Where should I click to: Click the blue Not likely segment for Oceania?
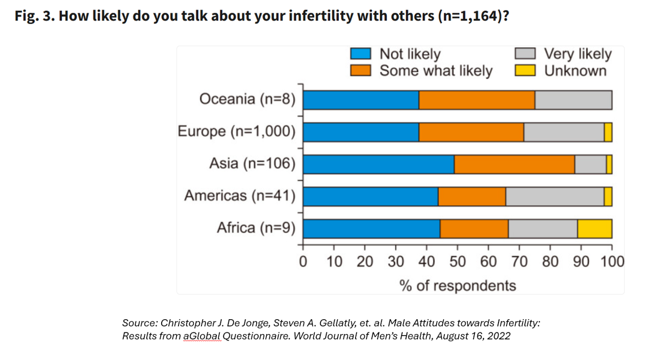(x=361, y=100)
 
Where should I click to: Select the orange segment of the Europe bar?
(x=471, y=132)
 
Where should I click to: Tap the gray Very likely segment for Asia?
(x=590, y=164)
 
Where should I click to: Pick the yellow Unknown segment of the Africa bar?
(x=594, y=228)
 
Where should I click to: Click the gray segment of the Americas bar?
(x=555, y=196)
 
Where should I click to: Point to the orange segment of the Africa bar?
(x=474, y=228)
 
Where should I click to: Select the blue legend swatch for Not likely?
(x=360, y=54)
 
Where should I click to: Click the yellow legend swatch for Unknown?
(x=525, y=70)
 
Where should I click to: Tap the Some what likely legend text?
(x=436, y=71)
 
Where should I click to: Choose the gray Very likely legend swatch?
(x=525, y=54)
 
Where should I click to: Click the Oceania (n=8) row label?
(x=247, y=99)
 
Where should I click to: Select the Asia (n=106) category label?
(x=252, y=164)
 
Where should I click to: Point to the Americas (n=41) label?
(x=240, y=196)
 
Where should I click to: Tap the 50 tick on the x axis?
(x=457, y=262)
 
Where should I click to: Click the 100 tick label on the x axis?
(x=612, y=262)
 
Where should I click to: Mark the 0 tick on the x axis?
(x=303, y=262)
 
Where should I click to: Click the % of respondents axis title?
(x=458, y=285)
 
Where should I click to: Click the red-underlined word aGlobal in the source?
(x=203, y=337)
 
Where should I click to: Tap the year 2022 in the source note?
(x=499, y=337)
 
